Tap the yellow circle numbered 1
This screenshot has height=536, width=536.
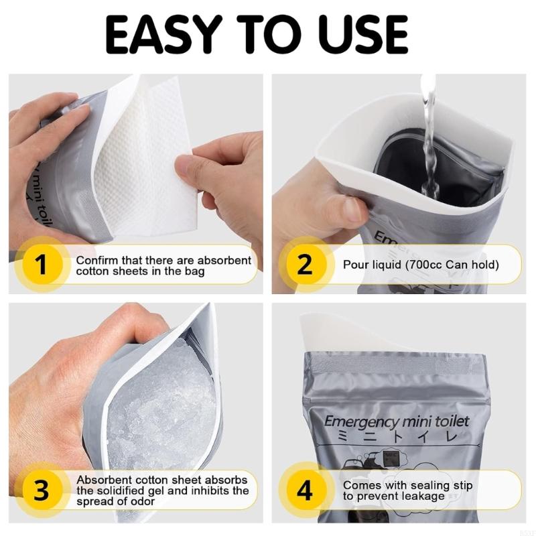(41, 265)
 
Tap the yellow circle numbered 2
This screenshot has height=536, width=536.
(304, 265)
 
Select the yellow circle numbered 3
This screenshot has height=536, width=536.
(41, 491)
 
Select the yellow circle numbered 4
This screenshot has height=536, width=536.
(304, 491)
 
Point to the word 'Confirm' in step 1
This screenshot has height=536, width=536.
(95, 260)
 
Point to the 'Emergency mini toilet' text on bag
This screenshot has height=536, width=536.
(397, 422)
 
